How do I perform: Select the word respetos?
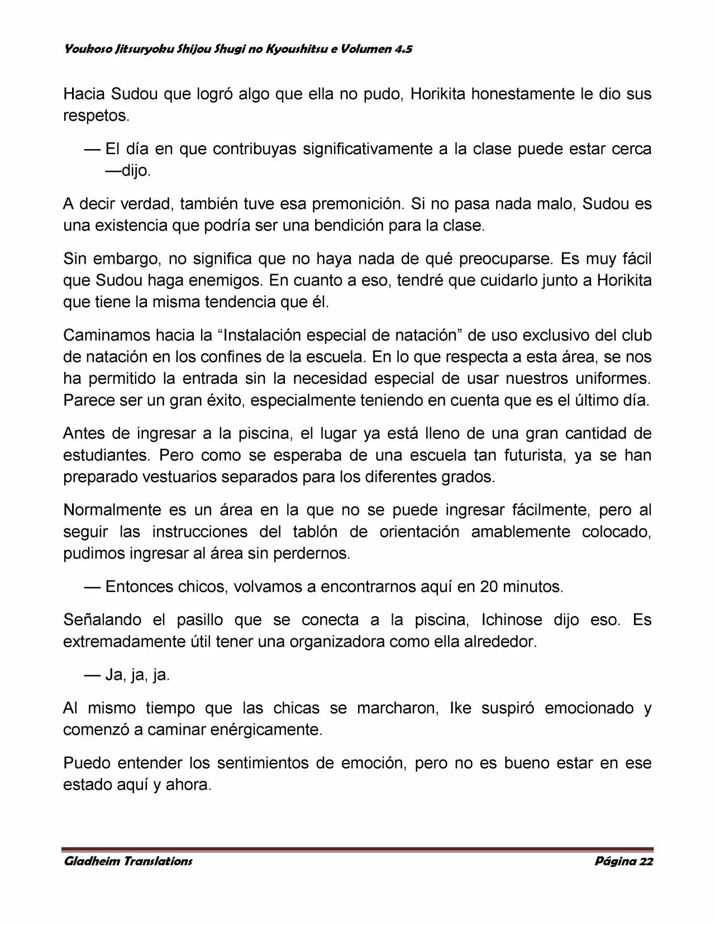(96, 116)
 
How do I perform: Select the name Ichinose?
(512, 620)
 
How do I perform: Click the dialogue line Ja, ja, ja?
(137, 675)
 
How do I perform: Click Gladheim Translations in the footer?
(128, 861)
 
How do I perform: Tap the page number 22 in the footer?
(646, 861)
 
